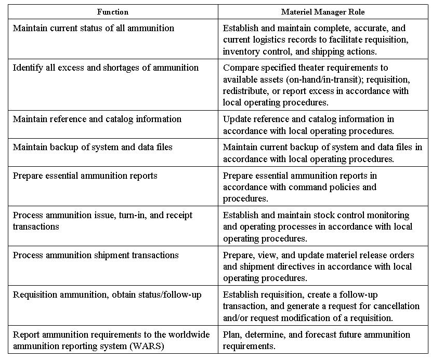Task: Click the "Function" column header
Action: (113, 11)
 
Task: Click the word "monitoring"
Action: (384, 215)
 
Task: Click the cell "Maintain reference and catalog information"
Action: (97, 119)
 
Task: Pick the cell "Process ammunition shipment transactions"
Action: (96, 255)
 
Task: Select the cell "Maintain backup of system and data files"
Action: (93, 147)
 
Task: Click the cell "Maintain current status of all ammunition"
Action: (94, 28)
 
